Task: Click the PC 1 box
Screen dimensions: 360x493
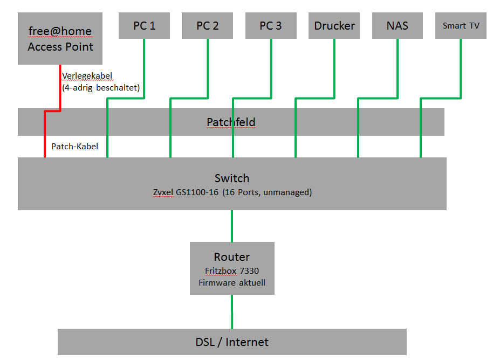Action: click(144, 26)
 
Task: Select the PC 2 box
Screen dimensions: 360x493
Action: click(208, 26)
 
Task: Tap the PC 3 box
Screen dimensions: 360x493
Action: click(271, 26)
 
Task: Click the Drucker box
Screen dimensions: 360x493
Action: click(334, 26)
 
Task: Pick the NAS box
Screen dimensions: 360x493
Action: click(398, 26)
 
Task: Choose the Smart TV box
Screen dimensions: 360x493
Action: click(461, 26)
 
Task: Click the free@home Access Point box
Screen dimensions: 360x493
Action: click(60, 38)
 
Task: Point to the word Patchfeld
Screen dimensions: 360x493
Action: click(231, 122)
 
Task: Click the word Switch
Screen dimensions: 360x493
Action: click(232, 178)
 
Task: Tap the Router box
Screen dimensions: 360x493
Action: click(232, 268)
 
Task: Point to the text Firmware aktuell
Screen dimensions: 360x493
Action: click(232, 282)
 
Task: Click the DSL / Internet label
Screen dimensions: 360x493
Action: click(232, 342)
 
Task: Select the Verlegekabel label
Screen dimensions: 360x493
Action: click(87, 75)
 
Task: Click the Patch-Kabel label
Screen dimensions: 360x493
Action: click(74, 146)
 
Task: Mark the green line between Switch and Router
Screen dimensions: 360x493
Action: click(232, 226)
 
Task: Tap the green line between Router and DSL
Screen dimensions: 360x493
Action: click(232, 311)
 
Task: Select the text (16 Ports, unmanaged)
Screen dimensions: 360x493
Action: click(267, 192)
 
